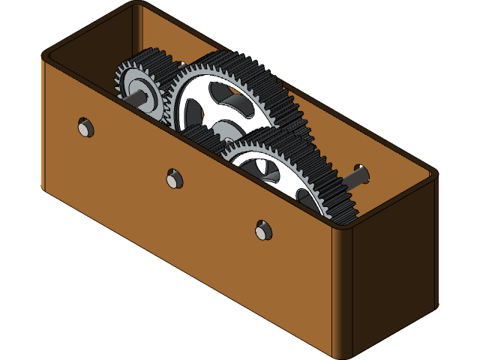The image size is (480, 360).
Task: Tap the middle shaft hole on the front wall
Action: click(x=174, y=178)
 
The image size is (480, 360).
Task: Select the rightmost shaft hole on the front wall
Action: click(x=262, y=230)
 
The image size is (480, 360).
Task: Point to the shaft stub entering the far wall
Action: click(x=358, y=176)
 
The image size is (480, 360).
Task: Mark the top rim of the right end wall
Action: click(x=390, y=202)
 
